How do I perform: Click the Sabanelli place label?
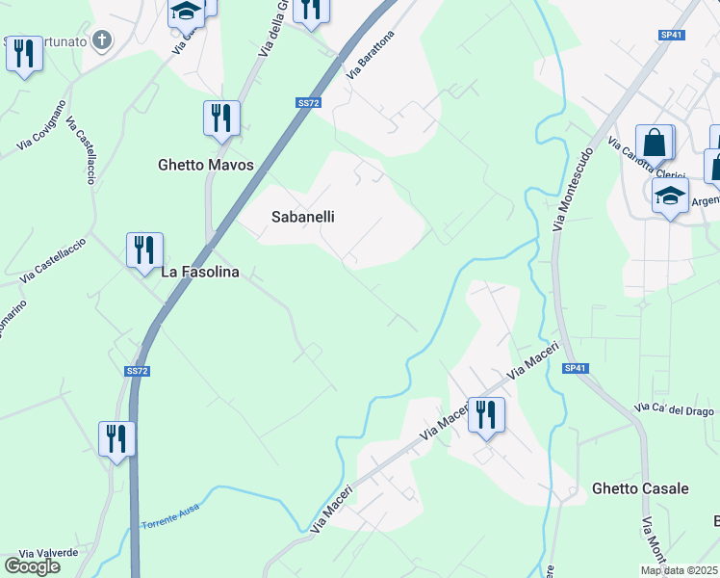pyautogui.click(x=302, y=217)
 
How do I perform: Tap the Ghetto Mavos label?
pyautogui.click(x=205, y=165)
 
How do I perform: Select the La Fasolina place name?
pyautogui.click(x=199, y=272)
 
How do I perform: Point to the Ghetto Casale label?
pyautogui.click(x=640, y=488)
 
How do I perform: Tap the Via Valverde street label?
pyautogui.click(x=48, y=553)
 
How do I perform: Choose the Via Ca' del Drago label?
pyautogui.click(x=674, y=411)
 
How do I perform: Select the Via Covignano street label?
pyautogui.click(x=40, y=125)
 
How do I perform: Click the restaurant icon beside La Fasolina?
pyautogui.click(x=144, y=250)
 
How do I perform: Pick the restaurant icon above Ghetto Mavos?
pyautogui.click(x=221, y=118)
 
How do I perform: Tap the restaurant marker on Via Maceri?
pyautogui.click(x=486, y=414)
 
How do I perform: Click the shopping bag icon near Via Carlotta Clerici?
pyautogui.click(x=655, y=143)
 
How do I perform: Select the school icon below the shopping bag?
pyautogui.click(x=670, y=196)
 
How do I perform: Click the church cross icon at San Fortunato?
pyautogui.click(x=104, y=40)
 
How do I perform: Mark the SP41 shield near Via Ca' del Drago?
pyautogui.click(x=576, y=368)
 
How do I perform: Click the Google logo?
pyautogui.click(x=33, y=565)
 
